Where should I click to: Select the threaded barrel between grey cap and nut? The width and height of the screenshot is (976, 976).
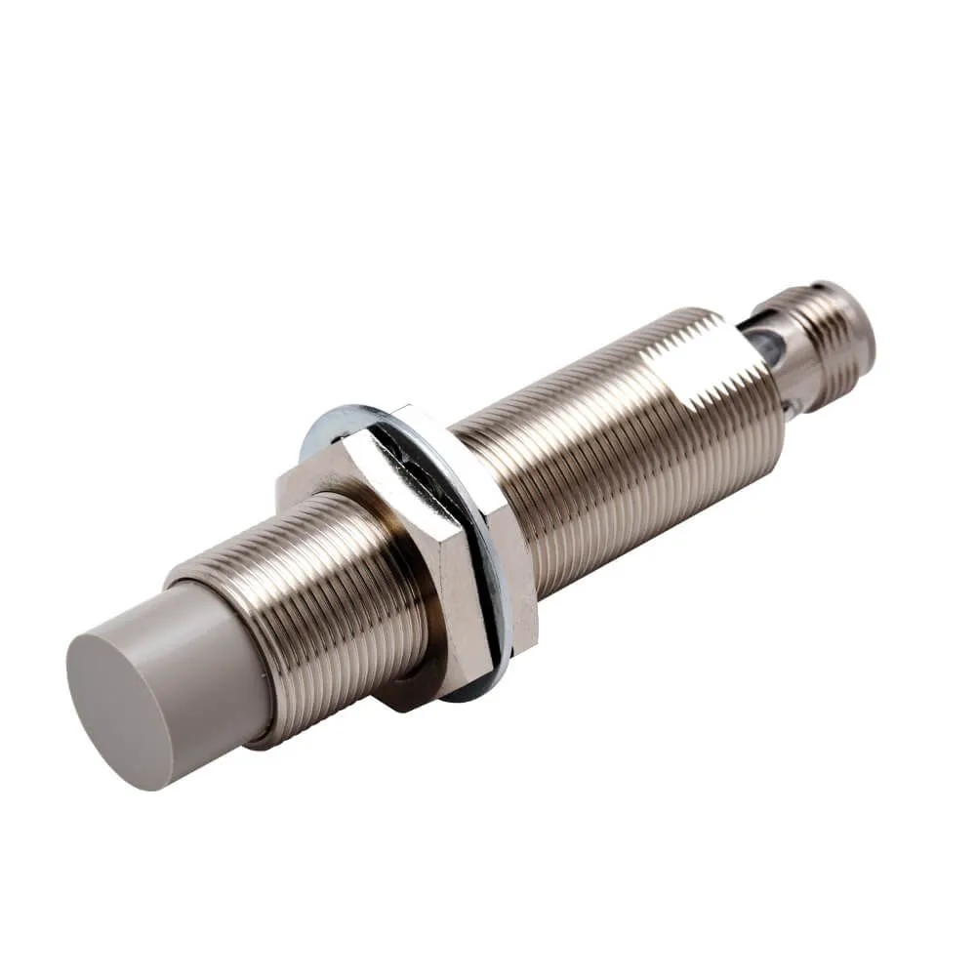point(322,605)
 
